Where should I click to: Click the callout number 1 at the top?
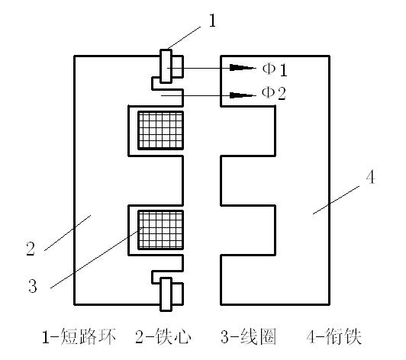coord(212,21)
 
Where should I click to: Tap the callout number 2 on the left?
coord(31,249)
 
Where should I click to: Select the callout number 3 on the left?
coord(33,286)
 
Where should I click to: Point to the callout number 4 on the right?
coord(371,178)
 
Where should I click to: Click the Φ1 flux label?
coord(275,69)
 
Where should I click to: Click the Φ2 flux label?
coord(274,93)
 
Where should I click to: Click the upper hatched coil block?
coord(161,130)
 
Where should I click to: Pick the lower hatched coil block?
coord(161,230)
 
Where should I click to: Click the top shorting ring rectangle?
coord(166,66)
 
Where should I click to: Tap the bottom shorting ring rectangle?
coord(166,294)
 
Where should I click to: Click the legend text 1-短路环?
coord(79,336)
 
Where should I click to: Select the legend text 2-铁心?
coord(163,336)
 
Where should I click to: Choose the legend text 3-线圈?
coord(249,336)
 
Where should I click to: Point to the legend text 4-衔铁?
coord(334,336)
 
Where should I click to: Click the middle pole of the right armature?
coord(248,181)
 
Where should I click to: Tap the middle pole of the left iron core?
coord(156,181)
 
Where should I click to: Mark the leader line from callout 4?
coord(336,200)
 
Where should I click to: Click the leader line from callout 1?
coord(184,38)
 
